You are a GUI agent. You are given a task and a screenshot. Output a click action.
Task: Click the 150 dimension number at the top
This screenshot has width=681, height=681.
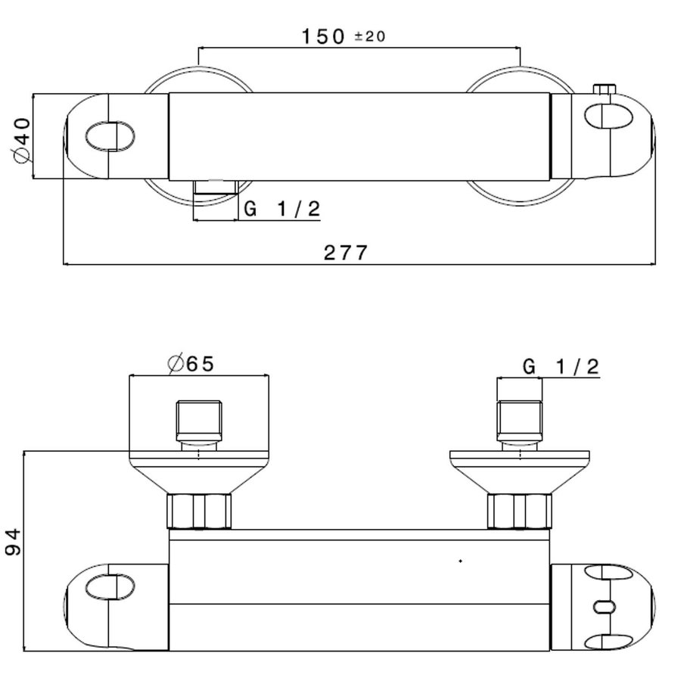323,36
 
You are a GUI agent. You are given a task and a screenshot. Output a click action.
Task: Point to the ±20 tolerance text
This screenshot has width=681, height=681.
370,37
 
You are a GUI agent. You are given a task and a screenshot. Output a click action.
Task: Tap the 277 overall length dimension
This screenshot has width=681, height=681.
346,252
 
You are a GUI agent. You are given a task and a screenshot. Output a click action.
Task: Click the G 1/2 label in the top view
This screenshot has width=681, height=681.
281,210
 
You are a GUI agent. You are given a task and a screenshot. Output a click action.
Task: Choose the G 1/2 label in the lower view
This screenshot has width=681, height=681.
561,367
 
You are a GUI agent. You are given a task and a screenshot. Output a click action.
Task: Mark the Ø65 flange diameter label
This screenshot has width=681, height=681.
190,364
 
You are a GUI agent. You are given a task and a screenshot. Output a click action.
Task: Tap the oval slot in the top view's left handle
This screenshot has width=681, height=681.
110,136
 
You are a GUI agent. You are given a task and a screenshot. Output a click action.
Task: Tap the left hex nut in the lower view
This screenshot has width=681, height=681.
198,512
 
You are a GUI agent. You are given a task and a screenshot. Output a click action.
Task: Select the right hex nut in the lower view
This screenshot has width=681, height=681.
519,512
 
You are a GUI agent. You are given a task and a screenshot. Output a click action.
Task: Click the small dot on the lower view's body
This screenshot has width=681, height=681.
461,561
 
